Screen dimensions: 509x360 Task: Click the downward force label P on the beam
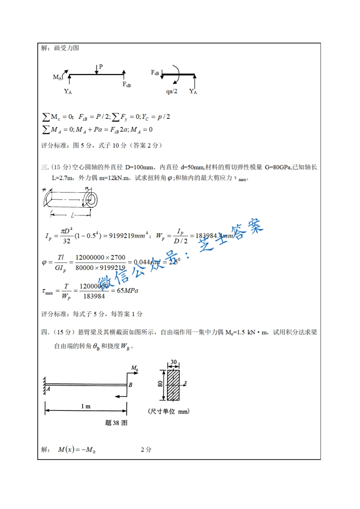coord(101,66)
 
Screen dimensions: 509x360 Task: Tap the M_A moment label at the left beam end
coord(58,77)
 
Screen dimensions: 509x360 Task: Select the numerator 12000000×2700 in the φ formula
coord(100,258)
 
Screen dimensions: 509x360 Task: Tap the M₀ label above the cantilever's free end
coord(134,367)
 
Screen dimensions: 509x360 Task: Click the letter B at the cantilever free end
coord(130,385)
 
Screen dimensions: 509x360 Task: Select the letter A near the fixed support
coord(48,388)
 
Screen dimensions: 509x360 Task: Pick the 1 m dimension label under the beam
coord(85,406)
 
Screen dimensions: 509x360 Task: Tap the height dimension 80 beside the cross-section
coord(160,384)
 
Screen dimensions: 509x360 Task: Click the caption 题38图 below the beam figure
coord(116,423)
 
